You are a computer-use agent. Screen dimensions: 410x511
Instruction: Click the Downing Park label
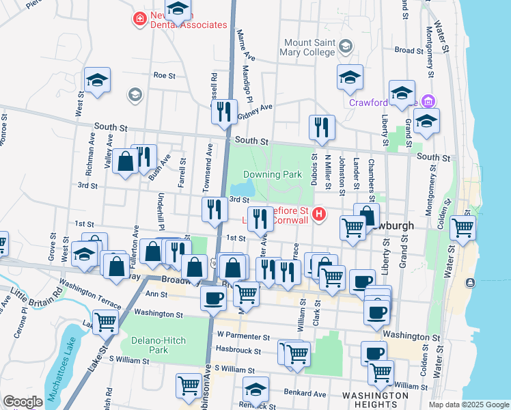coord(273,175)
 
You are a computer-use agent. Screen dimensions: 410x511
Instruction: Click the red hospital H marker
coord(318,216)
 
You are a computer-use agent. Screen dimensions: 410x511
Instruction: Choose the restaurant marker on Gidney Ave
coord(224,111)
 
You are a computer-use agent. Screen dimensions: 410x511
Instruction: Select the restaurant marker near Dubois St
coord(321,126)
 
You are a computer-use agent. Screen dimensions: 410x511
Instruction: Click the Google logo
coord(23,402)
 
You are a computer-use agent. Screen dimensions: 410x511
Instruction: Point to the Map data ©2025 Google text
coord(468,405)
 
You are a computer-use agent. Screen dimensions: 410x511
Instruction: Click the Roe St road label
coord(165,75)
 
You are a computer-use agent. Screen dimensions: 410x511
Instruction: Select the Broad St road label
coord(409,51)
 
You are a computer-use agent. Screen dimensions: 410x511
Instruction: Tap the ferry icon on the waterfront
coord(470,283)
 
